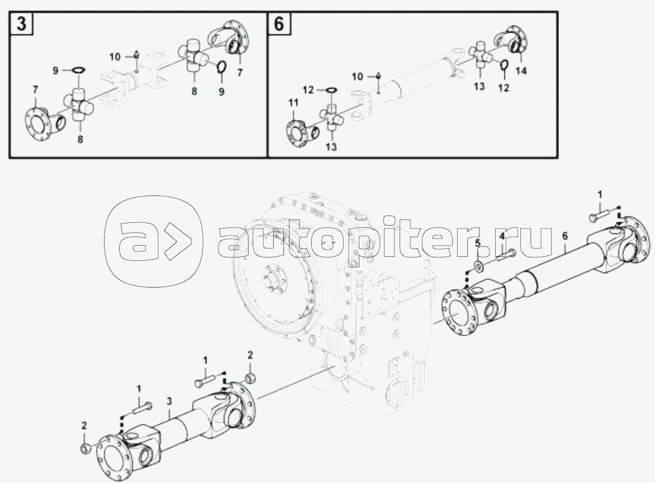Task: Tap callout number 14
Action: coord(520,70)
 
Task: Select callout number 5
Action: coord(478,242)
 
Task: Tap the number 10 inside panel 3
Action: coord(115,56)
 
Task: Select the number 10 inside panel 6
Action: coord(358,76)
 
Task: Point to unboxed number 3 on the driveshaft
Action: coord(169,401)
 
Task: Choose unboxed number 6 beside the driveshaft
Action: coord(565,236)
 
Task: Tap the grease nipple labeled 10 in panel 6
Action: coord(378,76)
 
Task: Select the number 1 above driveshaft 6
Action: coord(600,194)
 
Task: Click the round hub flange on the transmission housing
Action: coord(274,282)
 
